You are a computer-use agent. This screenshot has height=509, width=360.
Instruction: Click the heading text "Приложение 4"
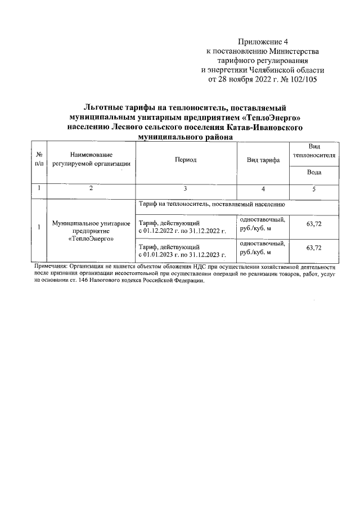pyautogui.click(x=263, y=42)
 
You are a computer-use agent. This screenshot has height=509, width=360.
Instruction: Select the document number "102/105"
pyautogui.click(x=302, y=80)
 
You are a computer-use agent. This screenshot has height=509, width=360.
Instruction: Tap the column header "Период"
pyautogui.click(x=186, y=160)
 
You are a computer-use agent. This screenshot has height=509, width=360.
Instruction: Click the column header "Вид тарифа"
pyautogui.click(x=263, y=160)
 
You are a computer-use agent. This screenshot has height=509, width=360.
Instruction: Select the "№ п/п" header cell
pyautogui.click(x=39, y=159)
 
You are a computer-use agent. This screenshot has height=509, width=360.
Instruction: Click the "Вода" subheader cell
pyautogui.click(x=314, y=173)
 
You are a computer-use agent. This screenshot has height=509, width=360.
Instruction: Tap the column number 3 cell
pyautogui.click(x=186, y=189)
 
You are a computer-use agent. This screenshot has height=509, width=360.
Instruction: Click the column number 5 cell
pyautogui.click(x=314, y=189)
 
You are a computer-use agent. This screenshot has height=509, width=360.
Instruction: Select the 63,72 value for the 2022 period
pyautogui.click(x=314, y=225)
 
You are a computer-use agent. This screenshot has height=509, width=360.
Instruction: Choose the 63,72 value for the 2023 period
pyautogui.click(x=314, y=247)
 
